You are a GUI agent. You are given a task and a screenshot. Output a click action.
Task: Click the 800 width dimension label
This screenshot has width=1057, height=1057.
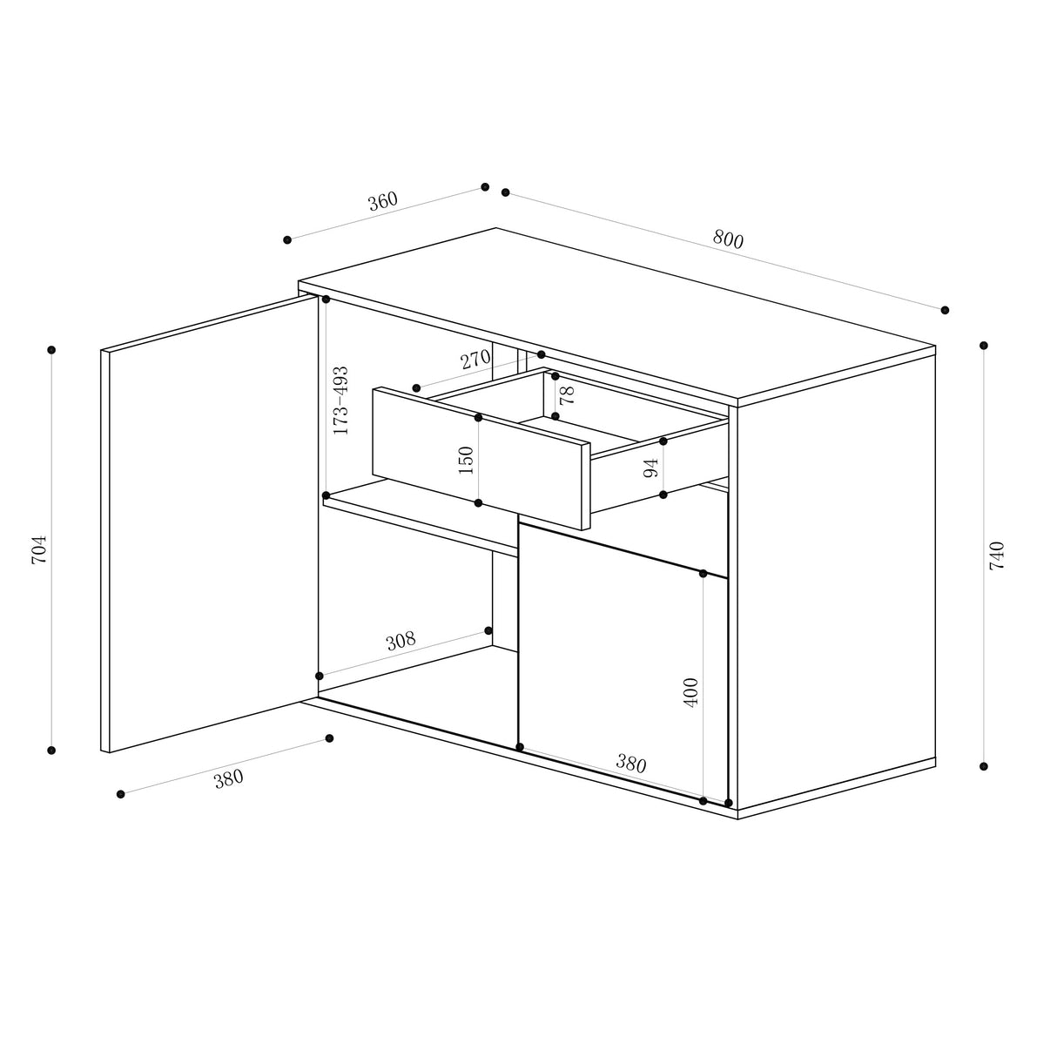click(728, 239)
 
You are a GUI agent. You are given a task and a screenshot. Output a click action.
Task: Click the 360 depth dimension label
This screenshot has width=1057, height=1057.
click(382, 201)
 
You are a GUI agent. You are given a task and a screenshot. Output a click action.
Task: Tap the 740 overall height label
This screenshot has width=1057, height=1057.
click(997, 555)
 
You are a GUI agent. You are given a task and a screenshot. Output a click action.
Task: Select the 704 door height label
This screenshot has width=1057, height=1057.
click(39, 549)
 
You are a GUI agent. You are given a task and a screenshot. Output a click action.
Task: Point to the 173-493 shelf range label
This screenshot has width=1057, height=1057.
click(340, 400)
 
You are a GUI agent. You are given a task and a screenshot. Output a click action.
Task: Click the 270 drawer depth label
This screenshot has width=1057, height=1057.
click(475, 359)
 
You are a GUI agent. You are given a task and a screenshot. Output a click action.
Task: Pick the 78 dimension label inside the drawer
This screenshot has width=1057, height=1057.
click(568, 395)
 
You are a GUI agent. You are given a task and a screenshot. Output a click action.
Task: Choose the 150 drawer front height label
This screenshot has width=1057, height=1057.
click(466, 460)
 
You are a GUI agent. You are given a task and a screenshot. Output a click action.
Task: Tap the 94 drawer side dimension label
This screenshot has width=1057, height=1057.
click(650, 468)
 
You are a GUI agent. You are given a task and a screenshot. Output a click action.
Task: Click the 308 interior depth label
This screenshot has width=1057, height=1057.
click(401, 642)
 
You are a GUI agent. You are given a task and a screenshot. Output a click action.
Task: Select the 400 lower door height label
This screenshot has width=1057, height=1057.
click(691, 692)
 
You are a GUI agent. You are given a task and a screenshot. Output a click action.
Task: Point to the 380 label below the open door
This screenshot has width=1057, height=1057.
click(228, 778)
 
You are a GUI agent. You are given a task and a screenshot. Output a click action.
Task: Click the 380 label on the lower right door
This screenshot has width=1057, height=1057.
click(631, 764)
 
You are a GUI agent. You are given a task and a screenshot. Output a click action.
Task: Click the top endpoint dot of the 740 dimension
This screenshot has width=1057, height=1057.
click(984, 346)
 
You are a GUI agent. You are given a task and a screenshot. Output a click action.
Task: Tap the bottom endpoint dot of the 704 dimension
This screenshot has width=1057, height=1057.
click(51, 750)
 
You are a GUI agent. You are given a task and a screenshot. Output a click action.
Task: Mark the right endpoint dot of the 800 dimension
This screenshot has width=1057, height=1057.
click(945, 310)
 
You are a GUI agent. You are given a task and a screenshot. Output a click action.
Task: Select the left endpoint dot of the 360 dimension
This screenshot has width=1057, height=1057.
click(287, 239)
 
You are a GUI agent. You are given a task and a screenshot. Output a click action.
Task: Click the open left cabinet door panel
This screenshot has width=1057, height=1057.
click(209, 522)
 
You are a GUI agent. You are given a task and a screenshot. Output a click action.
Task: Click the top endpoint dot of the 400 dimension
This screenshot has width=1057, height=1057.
click(703, 573)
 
